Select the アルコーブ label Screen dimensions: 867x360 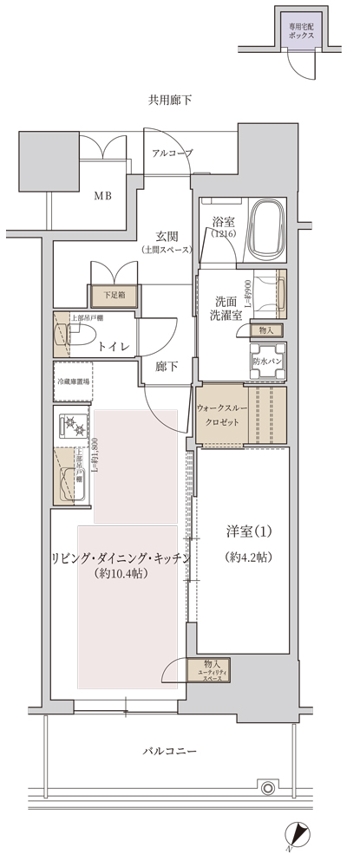(x=172, y=153)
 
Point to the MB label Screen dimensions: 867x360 (x=103, y=195)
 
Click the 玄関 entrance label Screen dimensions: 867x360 (x=167, y=235)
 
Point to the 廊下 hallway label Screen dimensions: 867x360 (x=167, y=367)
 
